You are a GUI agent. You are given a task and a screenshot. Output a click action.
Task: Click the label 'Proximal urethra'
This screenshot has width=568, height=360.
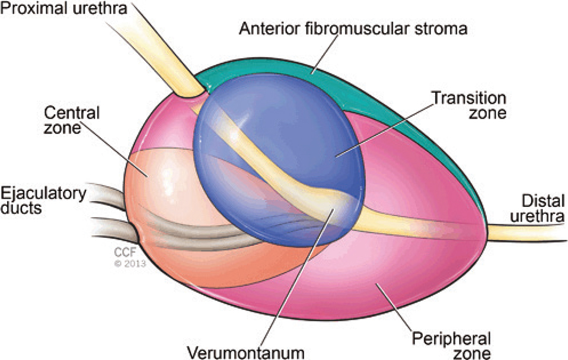(64, 8)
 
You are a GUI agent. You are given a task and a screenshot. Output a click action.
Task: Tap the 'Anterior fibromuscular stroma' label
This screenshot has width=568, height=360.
(353, 28)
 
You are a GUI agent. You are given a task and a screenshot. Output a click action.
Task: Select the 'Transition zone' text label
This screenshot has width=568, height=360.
(469, 105)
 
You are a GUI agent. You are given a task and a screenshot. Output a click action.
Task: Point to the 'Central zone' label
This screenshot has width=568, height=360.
(71, 120)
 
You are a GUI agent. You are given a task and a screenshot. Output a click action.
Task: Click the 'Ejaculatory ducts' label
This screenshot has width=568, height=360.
(43, 200)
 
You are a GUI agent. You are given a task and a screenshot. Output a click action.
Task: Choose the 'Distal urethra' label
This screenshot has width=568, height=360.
(537, 209)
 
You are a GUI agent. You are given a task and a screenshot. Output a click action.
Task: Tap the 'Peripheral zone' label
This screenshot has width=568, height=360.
(452, 345)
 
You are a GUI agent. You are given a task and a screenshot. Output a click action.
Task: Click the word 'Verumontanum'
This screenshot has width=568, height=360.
(245, 352)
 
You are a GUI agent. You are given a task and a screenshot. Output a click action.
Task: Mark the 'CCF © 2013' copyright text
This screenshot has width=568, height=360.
(130, 257)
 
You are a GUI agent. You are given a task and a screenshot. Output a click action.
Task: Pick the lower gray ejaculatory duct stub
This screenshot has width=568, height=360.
(114, 228)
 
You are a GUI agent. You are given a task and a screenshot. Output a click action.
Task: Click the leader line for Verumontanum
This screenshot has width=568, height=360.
(297, 277)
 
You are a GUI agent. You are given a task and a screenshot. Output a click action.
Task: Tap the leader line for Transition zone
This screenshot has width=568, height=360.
(385, 130)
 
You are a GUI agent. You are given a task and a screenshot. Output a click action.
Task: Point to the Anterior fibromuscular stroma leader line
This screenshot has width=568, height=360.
(325, 55)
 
